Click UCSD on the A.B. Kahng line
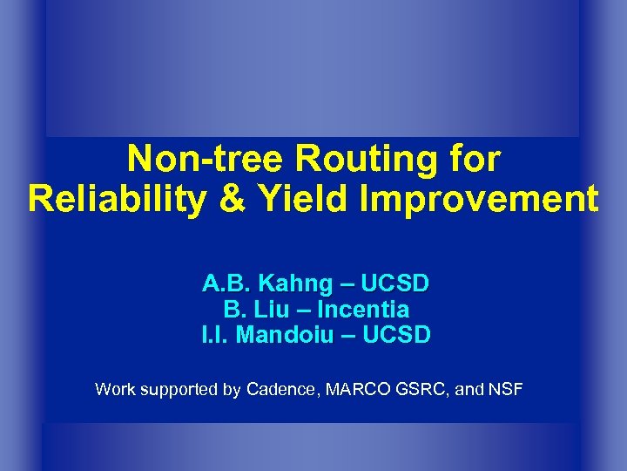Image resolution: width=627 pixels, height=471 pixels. pos(395,283)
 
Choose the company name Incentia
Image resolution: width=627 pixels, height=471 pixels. pos(363,310)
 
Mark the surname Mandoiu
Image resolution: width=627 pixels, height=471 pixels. pos(287,335)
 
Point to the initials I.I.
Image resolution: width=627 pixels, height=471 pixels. pos(214,335)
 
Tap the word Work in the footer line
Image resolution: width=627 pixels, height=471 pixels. pos(114,389)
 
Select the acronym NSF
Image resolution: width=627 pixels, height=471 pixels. pos(505,389)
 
